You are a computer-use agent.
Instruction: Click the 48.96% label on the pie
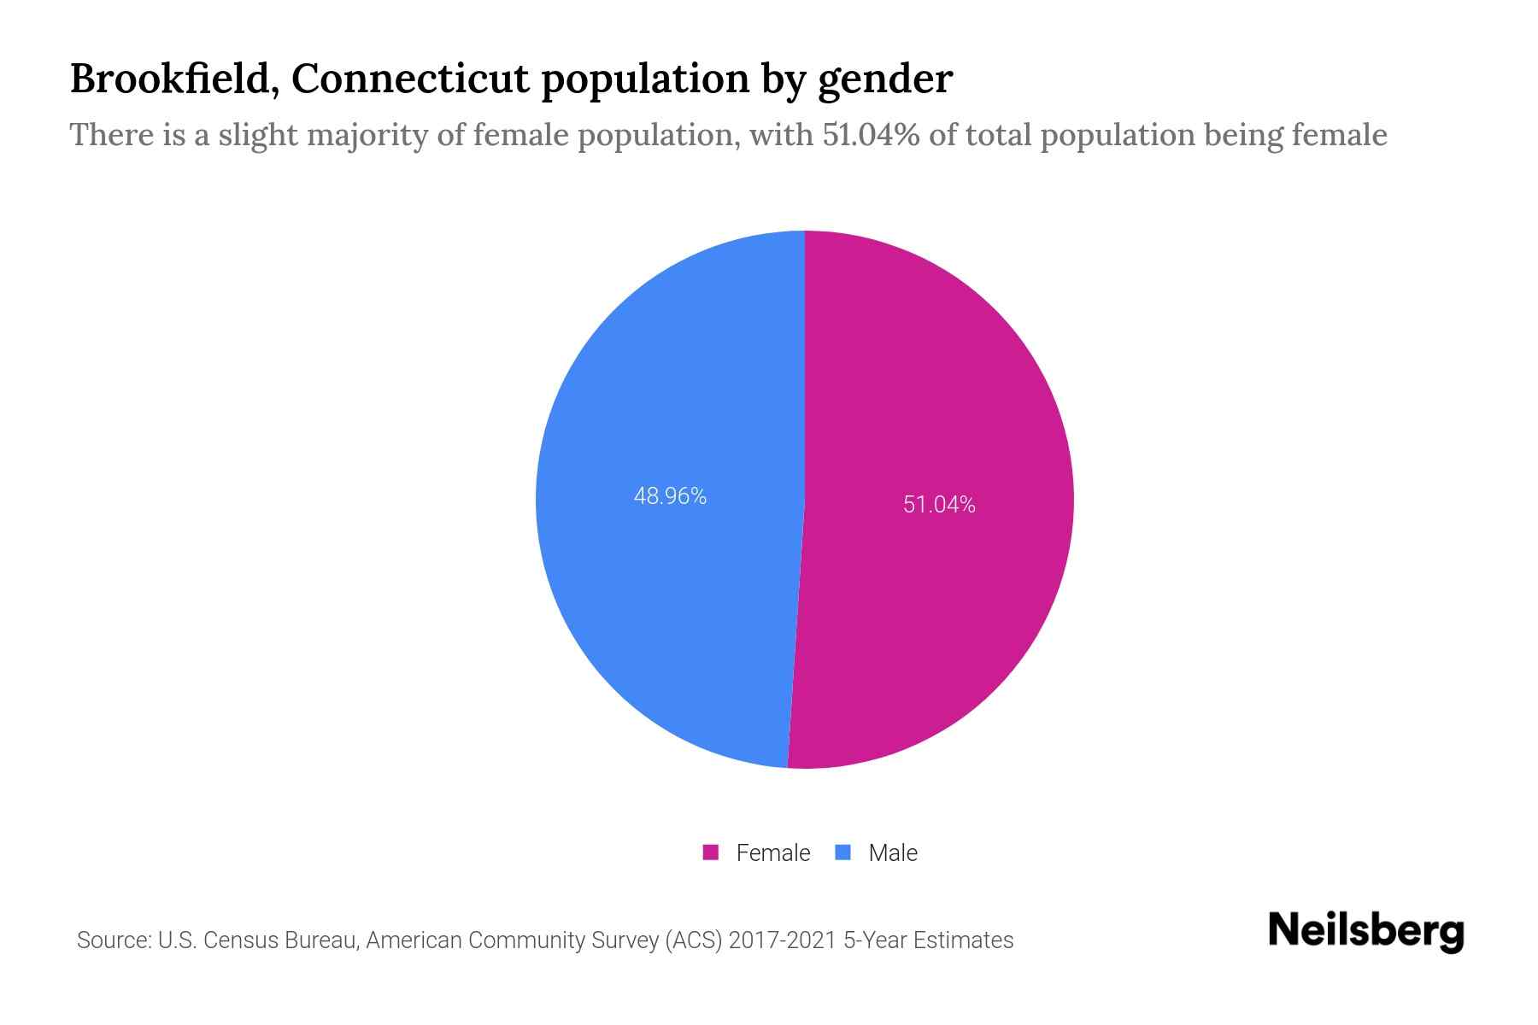[x=670, y=496]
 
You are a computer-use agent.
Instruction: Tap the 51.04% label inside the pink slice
[x=939, y=505]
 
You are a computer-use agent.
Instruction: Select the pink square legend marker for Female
[x=710, y=852]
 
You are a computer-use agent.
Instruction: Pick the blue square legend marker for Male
[x=843, y=852]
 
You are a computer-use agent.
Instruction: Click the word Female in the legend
[x=772, y=852]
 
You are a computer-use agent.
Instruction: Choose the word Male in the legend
[x=892, y=852]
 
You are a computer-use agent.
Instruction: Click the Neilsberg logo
[x=1365, y=930]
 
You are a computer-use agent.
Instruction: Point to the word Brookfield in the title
[x=168, y=79]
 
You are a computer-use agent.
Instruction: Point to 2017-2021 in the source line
[x=782, y=940]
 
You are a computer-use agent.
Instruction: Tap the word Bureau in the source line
[x=321, y=940]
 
